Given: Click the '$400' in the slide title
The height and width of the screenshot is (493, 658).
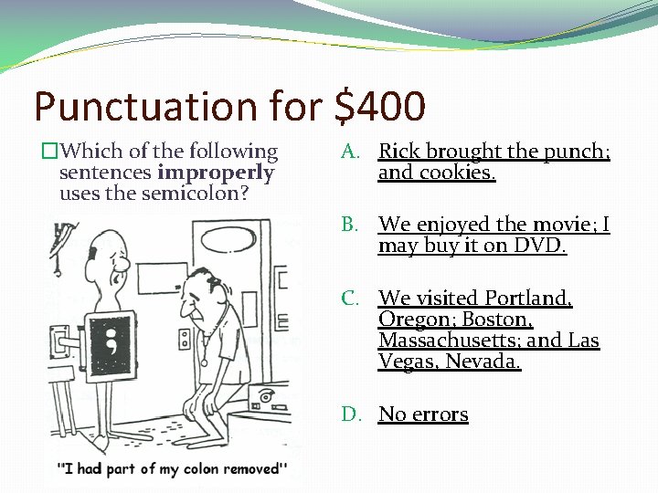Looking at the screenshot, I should click(380, 107).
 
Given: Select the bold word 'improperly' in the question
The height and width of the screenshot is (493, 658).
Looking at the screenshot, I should click(216, 173).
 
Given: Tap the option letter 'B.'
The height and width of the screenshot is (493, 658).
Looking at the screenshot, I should click(352, 225).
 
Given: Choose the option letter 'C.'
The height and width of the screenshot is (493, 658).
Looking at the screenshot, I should click(352, 298).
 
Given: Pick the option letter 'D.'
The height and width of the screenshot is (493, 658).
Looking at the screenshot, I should click(353, 414).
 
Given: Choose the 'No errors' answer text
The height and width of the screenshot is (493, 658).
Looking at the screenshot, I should click(423, 414).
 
